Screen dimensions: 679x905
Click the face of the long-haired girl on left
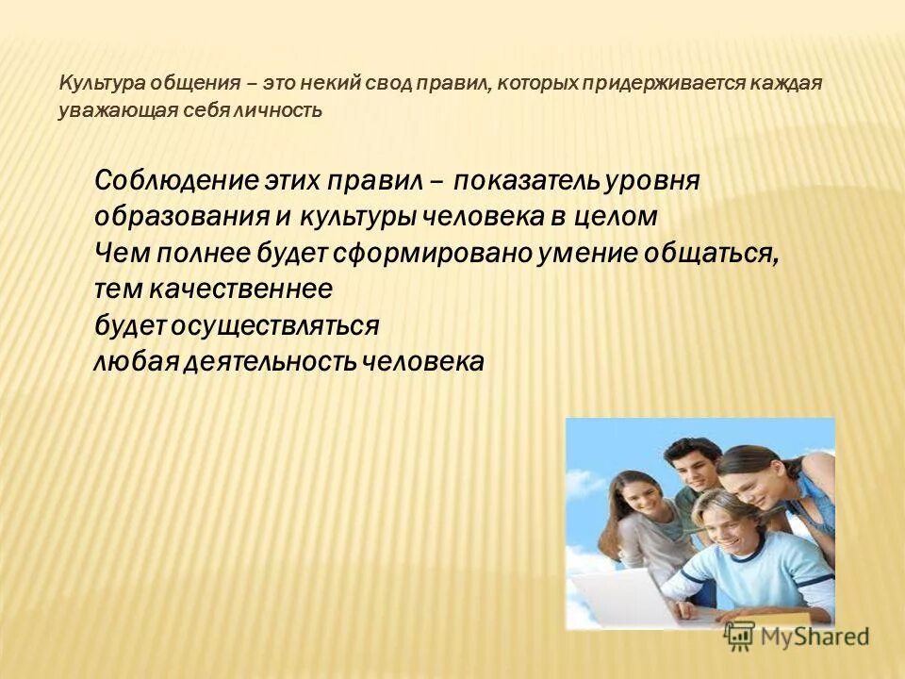coord(643,499)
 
